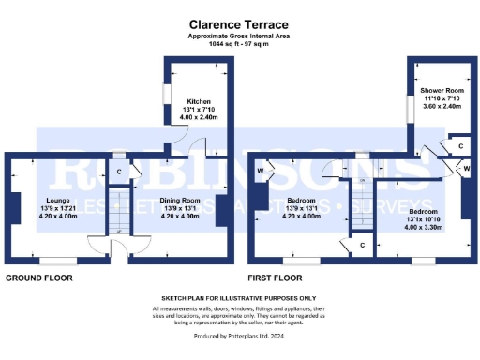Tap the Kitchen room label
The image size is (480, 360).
click(198, 100)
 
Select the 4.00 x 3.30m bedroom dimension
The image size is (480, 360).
click(424, 228)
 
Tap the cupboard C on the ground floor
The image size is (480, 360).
click(119, 172)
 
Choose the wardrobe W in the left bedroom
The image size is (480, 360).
click(260, 171)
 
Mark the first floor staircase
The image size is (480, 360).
click(362, 202)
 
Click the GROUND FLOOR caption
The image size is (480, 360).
click(40, 278)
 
